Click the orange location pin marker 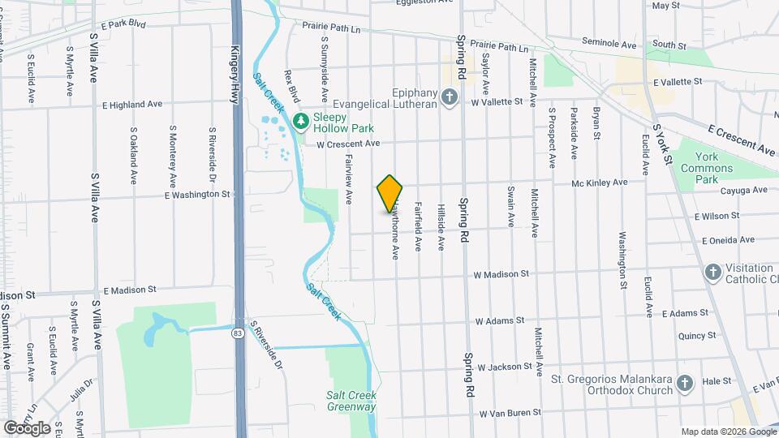click(390, 194)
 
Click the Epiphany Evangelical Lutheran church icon click(451, 99)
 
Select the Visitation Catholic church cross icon click(712, 273)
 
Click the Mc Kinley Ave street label click(600, 183)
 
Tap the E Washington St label click(197, 195)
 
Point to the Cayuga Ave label click(742, 191)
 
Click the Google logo click(27, 427)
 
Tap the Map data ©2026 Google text click(727, 432)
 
